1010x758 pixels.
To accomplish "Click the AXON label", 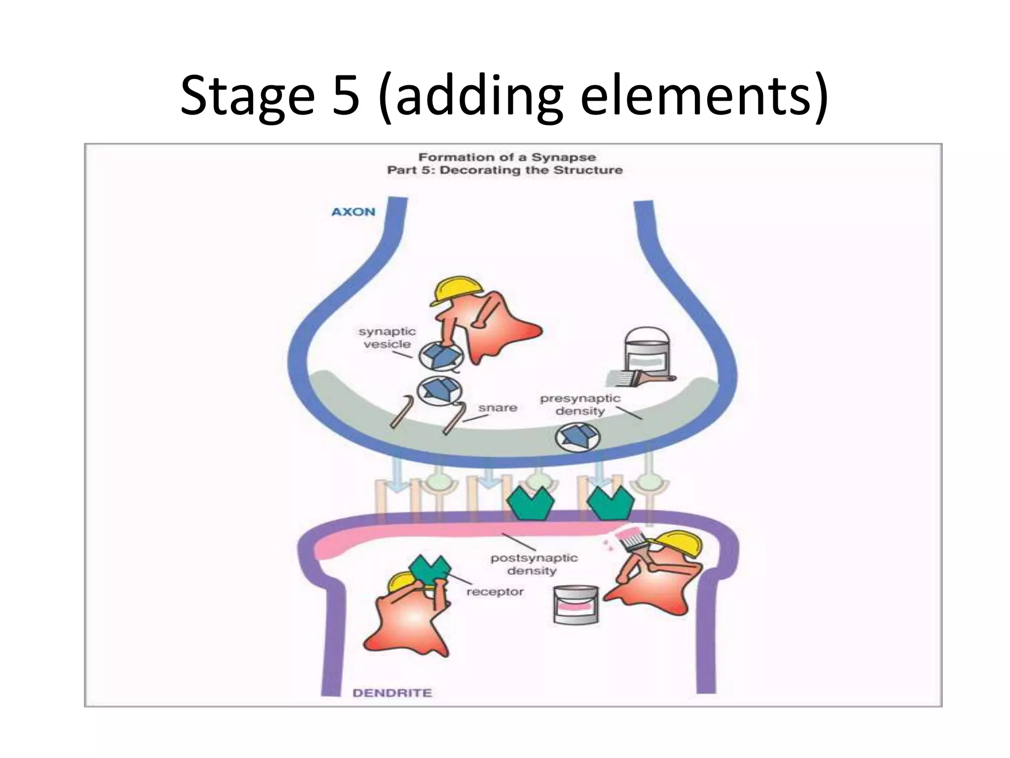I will coord(353,212).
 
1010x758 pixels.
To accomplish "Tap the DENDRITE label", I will coord(392,693).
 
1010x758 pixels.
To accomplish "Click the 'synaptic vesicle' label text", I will coord(387,338).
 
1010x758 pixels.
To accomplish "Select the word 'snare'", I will coord(498,408).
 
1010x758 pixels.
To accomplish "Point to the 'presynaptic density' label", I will coord(579,405).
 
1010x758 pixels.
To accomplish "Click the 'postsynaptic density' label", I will coord(534,564).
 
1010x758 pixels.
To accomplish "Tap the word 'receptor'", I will coord(495,592).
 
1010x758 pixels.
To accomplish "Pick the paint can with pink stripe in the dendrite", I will coord(575,605).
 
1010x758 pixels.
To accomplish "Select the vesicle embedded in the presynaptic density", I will coord(577,437).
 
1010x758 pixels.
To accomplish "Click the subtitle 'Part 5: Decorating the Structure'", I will coord(505,170).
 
